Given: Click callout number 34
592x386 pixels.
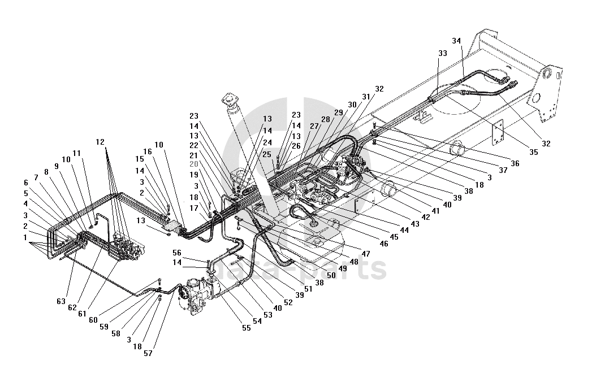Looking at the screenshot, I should click(x=457, y=41).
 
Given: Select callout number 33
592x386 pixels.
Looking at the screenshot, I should click(x=443, y=53).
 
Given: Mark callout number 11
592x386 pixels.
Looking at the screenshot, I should click(x=76, y=153).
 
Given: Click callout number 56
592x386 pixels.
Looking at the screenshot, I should click(x=177, y=253).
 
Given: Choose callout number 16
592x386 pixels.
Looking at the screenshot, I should click(x=148, y=151).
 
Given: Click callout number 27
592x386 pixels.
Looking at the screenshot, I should click(x=314, y=127).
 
